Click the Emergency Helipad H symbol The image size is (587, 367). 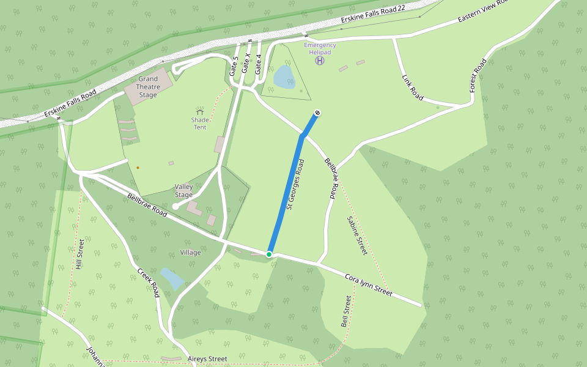click(x=320, y=60)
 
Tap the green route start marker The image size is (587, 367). click(x=269, y=254)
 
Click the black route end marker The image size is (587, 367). click(x=317, y=113)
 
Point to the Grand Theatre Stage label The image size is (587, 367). click(x=147, y=87)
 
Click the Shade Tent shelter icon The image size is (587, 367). click(x=199, y=111)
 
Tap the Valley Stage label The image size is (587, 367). click(x=183, y=191)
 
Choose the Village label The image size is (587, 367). click(x=191, y=253)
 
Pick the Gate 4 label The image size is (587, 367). click(x=259, y=64)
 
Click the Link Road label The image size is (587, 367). click(x=413, y=87)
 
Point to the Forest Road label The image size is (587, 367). click(x=478, y=76)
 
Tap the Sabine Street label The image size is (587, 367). click(x=357, y=235)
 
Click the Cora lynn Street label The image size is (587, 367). click(x=369, y=286)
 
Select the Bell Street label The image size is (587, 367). click(x=346, y=311)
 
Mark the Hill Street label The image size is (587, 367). click(x=79, y=254)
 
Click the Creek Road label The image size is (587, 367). click(x=149, y=283)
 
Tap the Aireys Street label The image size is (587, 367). click(x=208, y=359)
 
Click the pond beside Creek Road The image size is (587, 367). click(x=172, y=278)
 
